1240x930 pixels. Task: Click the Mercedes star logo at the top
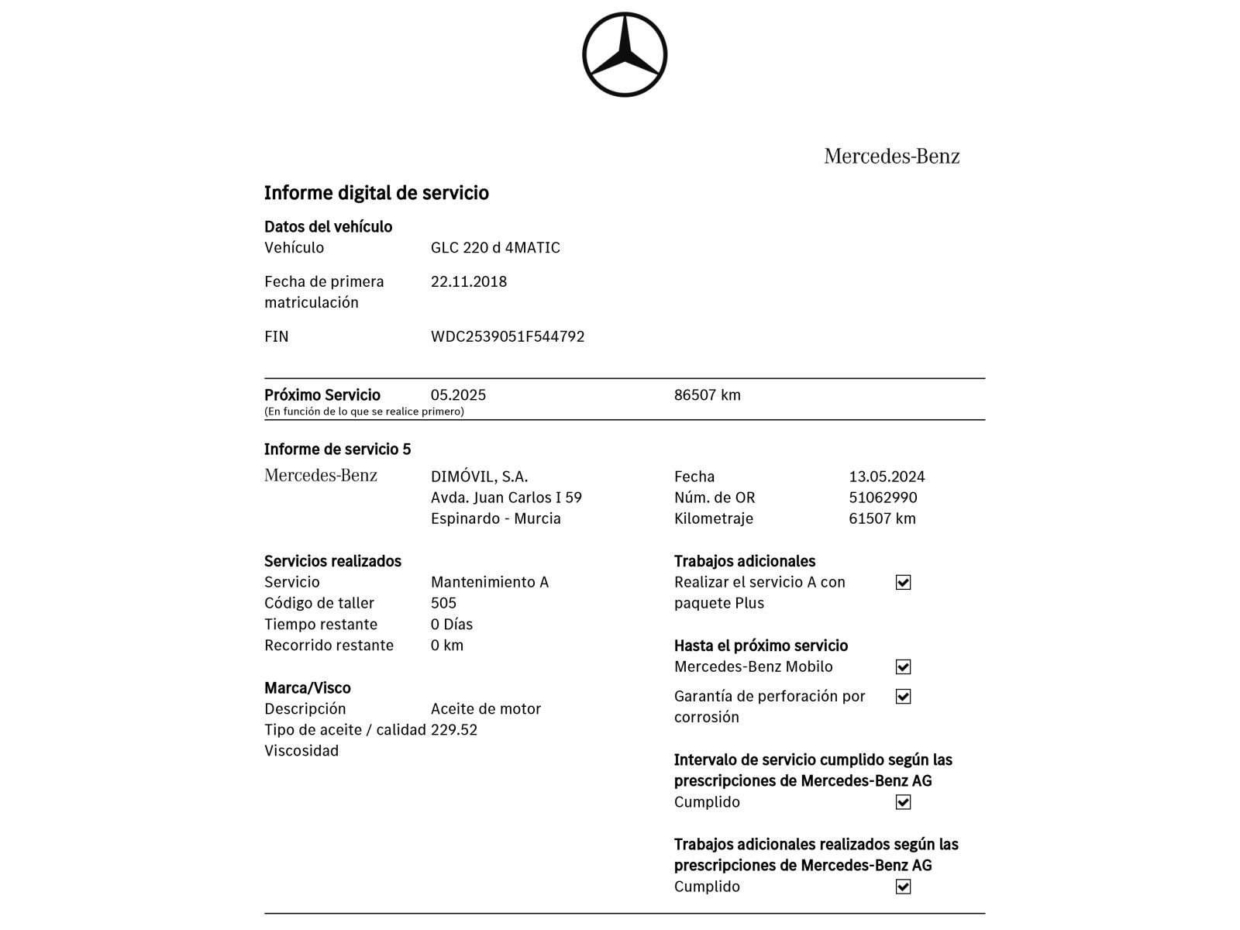(x=624, y=55)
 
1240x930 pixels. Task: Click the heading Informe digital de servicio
(x=376, y=193)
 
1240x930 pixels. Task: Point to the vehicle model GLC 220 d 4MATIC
(x=495, y=248)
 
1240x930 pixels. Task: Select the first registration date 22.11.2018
(x=468, y=281)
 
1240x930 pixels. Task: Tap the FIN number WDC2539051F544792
(x=507, y=336)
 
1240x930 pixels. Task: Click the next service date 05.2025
(x=458, y=395)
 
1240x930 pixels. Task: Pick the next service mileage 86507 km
(x=707, y=395)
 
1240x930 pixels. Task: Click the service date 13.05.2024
(x=887, y=477)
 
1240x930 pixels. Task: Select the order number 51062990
(x=883, y=498)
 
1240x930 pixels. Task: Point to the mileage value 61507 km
(x=882, y=518)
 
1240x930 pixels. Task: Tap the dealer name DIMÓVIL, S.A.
(x=479, y=477)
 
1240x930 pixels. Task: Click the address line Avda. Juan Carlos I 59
(x=506, y=498)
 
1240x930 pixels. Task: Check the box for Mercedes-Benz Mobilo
(x=903, y=667)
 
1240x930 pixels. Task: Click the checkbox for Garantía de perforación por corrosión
(x=903, y=697)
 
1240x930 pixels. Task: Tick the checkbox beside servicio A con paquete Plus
(x=903, y=583)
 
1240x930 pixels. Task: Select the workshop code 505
(x=443, y=603)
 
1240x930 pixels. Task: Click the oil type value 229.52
(x=453, y=730)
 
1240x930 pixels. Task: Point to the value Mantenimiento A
(x=489, y=582)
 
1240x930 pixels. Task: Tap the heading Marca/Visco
(x=307, y=688)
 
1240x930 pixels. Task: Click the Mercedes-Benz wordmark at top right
(x=891, y=157)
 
